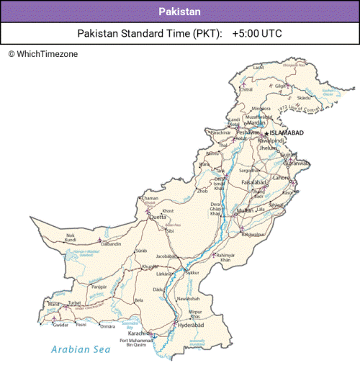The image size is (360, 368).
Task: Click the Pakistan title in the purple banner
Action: [180, 12]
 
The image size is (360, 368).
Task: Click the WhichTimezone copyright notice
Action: [43, 54]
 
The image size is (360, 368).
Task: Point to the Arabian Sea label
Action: [81, 350]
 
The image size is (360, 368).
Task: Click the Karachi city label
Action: [138, 333]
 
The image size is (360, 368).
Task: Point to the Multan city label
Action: [246, 211]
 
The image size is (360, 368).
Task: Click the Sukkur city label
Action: [192, 274]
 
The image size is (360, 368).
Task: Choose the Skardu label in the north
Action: [304, 98]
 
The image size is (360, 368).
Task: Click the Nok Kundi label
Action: [71, 238]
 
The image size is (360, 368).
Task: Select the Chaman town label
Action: [150, 198]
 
